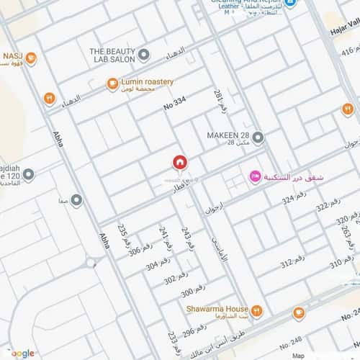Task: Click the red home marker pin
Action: [x=180, y=163]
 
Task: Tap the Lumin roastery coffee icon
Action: [x=112, y=84]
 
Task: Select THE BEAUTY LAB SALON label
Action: [x=112, y=55]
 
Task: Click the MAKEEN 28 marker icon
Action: [x=258, y=137]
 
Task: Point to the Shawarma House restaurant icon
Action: [x=257, y=310]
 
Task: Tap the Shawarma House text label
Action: [x=217, y=310]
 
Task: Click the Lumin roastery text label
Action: [x=148, y=82]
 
